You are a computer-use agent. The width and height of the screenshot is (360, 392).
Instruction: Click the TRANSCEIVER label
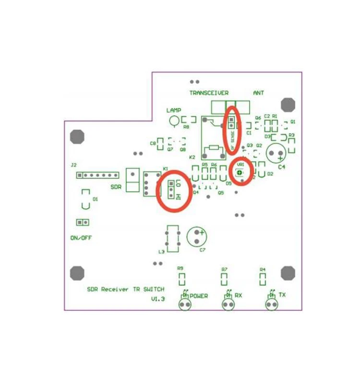click(x=209, y=93)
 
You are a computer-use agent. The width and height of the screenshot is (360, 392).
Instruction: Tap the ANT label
click(x=258, y=93)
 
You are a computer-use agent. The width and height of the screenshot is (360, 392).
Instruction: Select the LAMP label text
click(x=173, y=110)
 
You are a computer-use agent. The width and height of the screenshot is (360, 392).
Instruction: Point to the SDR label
click(x=116, y=187)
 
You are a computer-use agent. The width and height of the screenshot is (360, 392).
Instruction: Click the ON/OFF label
click(x=81, y=238)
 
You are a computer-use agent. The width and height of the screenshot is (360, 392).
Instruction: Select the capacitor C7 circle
click(x=197, y=237)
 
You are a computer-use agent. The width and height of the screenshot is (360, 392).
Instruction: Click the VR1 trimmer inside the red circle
click(x=240, y=172)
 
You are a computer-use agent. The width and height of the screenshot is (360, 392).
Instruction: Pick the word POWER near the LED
click(x=199, y=296)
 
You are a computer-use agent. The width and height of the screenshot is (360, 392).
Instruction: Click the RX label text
click(x=238, y=294)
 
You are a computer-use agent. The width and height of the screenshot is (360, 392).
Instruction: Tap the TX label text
click(x=282, y=294)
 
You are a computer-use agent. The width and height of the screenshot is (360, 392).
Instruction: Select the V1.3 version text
click(x=158, y=299)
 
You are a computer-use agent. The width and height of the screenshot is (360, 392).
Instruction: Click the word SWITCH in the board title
click(x=154, y=289)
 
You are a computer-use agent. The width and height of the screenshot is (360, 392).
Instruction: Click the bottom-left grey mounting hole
click(x=77, y=273)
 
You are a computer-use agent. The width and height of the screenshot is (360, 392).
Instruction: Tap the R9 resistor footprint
click(x=181, y=279)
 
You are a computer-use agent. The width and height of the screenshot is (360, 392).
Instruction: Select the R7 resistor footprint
click(x=224, y=279)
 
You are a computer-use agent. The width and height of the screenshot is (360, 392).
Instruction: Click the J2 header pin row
click(x=97, y=175)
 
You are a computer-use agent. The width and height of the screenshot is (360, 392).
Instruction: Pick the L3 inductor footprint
click(x=172, y=238)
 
